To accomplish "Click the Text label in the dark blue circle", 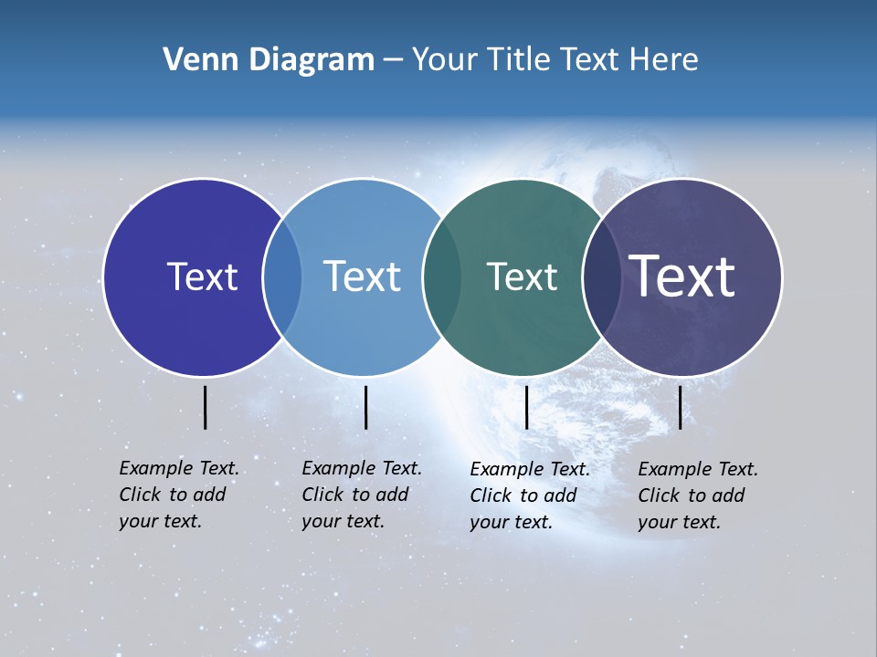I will [x=202, y=276].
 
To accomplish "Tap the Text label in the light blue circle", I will [x=362, y=276].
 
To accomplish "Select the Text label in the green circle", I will [x=522, y=276].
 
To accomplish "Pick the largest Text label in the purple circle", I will [x=682, y=276].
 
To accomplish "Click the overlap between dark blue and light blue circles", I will [x=282, y=276].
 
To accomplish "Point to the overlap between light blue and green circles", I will [x=442, y=276].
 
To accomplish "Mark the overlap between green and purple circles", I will [x=602, y=276].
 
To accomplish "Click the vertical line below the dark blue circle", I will [x=206, y=407].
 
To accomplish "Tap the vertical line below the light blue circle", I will [x=365, y=407].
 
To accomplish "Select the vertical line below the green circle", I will [x=527, y=407].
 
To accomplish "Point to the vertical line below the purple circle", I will [x=681, y=407].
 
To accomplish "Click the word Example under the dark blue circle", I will [x=154, y=468].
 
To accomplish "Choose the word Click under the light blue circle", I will [x=322, y=495].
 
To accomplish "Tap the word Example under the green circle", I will [x=505, y=469].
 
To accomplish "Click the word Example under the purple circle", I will [x=673, y=469].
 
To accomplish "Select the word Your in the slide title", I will [x=443, y=60].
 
